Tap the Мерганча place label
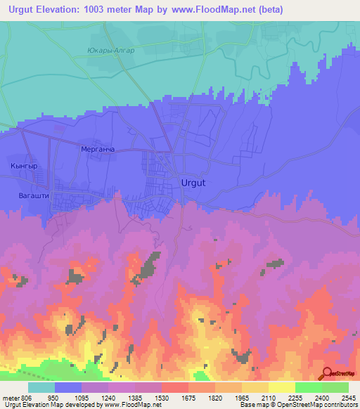pos(96,150)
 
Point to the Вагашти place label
pos(34,196)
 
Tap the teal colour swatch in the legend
pos(41,387)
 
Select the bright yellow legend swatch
pos(281,387)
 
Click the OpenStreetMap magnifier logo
pos(327,374)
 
